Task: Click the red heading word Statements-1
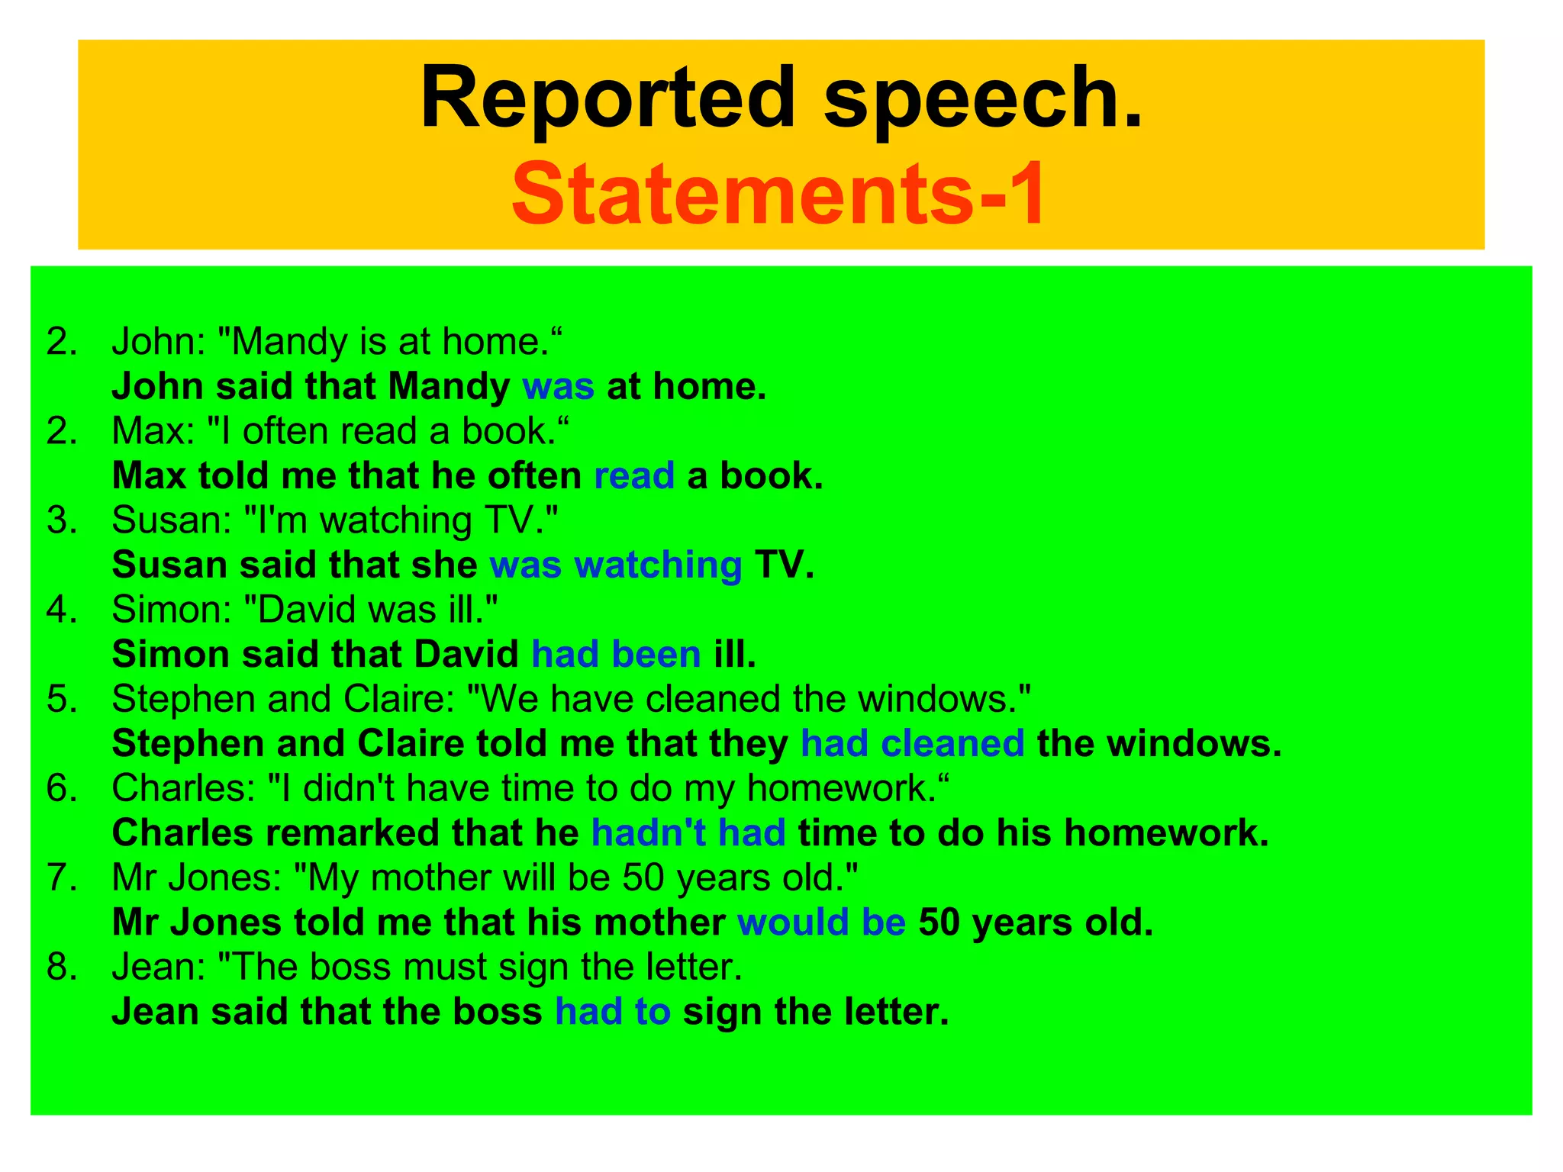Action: click(x=779, y=195)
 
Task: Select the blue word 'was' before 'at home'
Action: click(x=558, y=387)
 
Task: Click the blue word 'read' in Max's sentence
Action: click(x=634, y=476)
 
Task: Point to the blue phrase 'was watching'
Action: click(x=615, y=565)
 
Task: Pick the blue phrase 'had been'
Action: click(x=616, y=655)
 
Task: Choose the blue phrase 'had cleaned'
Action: click(x=912, y=744)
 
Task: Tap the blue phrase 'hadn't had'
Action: click(x=688, y=833)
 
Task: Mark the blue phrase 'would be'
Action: click(x=821, y=922)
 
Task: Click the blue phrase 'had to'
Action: click(x=613, y=1012)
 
